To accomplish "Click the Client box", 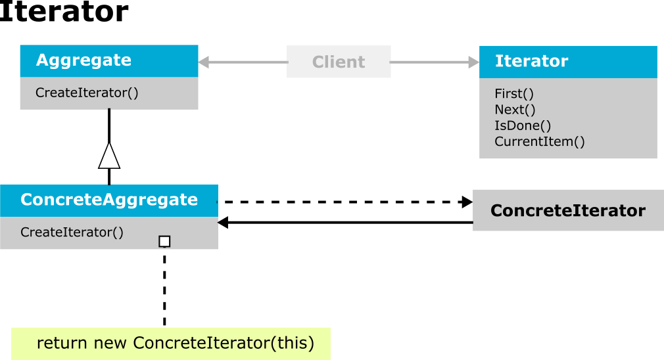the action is pos(339,62).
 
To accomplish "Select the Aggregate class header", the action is pos(109,61).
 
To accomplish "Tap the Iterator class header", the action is pos(568,62).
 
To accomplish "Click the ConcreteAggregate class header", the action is pos(109,200).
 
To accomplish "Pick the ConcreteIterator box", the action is pos(568,210).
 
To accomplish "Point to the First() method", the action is pos(514,93).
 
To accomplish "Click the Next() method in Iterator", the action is pos(515,110).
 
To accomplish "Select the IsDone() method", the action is pos(523,125).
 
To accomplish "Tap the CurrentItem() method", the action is pos(540,141).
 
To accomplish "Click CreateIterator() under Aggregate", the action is pos(87,93).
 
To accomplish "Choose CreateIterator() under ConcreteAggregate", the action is pos(72,233).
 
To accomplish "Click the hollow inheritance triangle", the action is pos(109,156).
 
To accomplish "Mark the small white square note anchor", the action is pos(164,242).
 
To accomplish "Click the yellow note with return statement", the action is pos(171,344).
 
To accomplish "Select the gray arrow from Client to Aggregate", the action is pos(243,62).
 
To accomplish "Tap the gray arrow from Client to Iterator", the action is pos(435,62).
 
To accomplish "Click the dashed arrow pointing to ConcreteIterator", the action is pos(345,202).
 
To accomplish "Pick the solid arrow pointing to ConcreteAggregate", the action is pos(345,223).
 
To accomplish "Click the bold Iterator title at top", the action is pos(64,11).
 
